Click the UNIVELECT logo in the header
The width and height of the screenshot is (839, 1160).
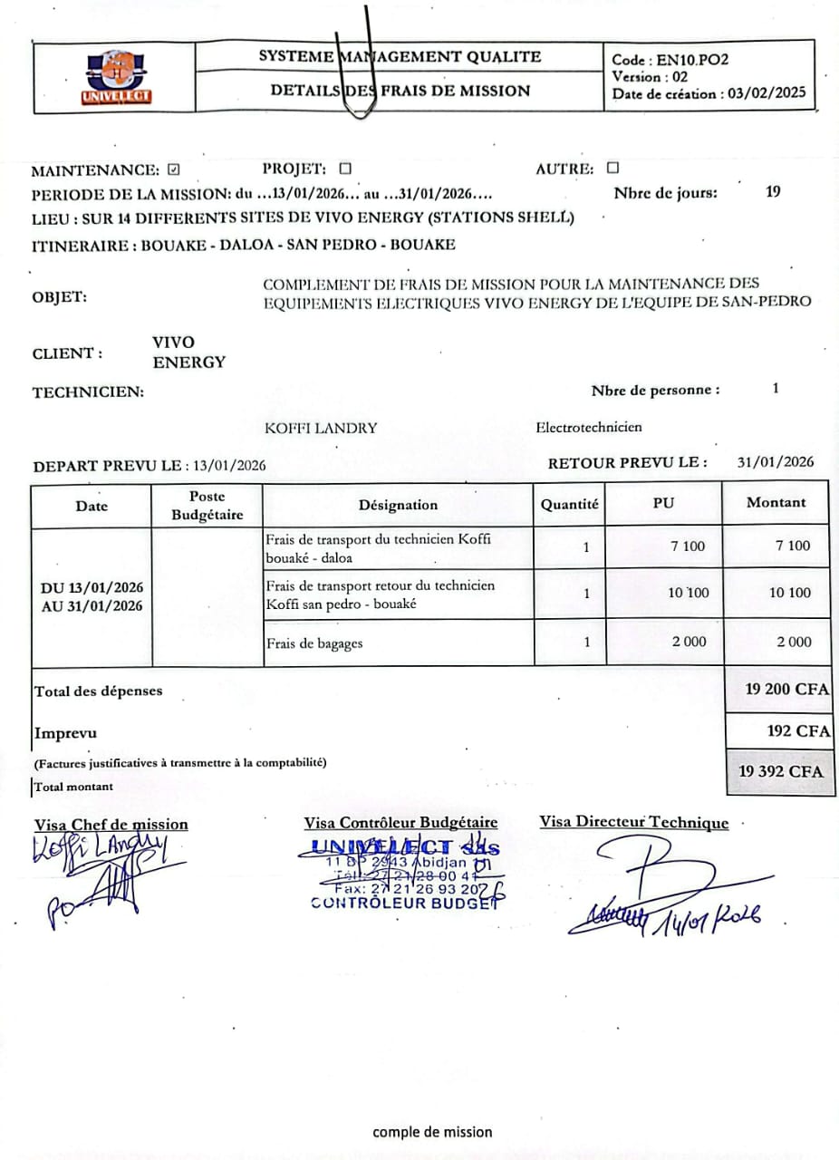coord(116,78)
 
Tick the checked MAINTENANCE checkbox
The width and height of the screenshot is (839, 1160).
coord(175,169)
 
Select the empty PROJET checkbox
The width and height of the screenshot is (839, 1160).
coord(344,169)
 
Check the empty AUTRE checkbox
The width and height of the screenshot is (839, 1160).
coord(612,168)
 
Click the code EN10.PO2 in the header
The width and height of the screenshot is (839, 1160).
coord(693,61)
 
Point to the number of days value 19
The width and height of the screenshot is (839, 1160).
coord(773,191)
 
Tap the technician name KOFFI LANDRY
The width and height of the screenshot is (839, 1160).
coord(321,428)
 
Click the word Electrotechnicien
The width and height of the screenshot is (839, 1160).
coord(589,427)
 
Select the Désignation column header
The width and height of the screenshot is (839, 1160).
coord(398,505)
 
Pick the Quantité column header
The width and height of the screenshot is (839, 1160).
coord(569,505)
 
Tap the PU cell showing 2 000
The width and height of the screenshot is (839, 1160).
coord(689,642)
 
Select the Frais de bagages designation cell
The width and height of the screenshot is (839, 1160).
coord(314,643)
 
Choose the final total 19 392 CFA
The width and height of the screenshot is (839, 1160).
coord(781,771)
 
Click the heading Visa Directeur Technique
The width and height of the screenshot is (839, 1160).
coord(633,822)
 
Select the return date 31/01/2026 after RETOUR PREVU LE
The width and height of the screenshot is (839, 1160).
coord(776,461)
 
